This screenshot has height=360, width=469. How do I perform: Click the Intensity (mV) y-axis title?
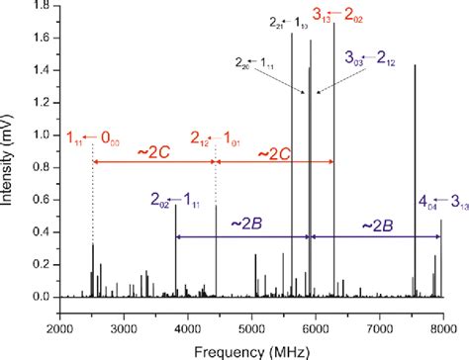[12, 148]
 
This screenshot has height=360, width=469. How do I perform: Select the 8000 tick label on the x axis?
[441, 315]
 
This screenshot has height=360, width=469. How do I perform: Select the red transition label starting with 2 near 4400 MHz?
[215, 137]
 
